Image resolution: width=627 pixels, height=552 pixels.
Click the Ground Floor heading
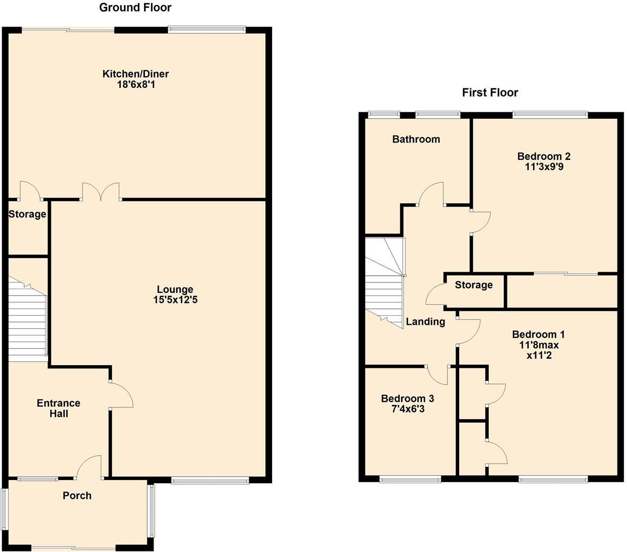tap(135, 7)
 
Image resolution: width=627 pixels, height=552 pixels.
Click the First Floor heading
tap(490, 93)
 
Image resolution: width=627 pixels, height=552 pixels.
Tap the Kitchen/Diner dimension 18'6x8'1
tap(136, 84)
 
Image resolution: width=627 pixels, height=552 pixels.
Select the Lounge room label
tap(175, 289)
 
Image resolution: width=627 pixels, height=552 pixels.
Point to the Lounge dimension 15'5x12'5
tap(175, 300)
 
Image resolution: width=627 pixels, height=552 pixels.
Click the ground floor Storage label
tap(27, 215)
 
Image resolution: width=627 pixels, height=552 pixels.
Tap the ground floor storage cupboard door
tap(29, 191)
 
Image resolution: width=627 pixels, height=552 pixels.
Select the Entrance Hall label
tap(58, 408)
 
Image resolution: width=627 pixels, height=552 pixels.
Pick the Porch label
tap(77, 496)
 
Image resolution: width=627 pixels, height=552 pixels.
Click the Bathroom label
tap(416, 139)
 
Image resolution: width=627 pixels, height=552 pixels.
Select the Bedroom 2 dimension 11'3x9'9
tap(544, 167)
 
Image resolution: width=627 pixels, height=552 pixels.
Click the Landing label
tap(425, 322)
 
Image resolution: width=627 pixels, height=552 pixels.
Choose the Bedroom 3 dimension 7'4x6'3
tap(407, 409)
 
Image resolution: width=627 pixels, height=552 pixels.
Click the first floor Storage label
tap(473, 285)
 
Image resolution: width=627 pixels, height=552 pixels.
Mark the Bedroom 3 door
tap(438, 375)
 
